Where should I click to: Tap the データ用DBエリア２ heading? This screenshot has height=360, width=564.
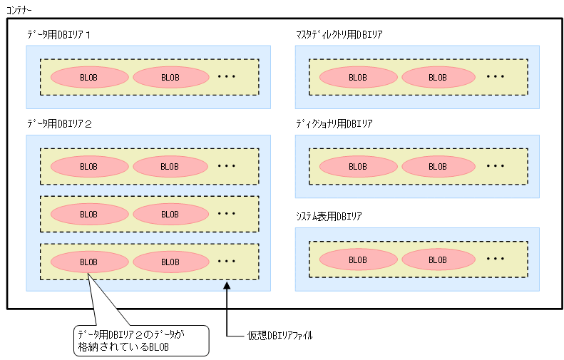(60, 123)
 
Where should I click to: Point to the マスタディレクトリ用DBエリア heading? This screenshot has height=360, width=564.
(340, 34)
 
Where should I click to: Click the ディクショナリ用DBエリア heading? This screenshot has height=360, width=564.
(334, 123)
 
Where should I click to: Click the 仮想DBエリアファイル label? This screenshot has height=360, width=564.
(280, 334)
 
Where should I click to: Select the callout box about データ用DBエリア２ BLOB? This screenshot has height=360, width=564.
(141, 340)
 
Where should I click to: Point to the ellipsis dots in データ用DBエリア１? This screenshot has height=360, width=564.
(226, 76)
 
